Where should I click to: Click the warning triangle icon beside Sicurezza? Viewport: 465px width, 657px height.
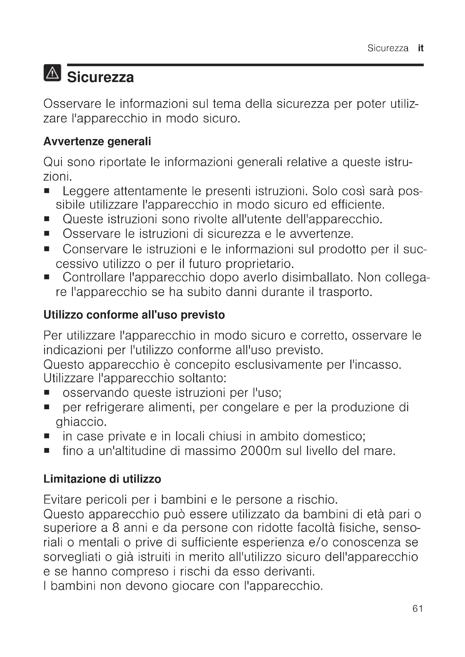pyautogui.click(x=52, y=73)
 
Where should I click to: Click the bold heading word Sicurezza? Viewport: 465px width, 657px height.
pyautogui.click(x=100, y=77)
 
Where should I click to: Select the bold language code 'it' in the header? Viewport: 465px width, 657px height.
pyautogui.click(x=420, y=48)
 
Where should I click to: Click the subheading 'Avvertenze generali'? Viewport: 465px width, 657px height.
pyautogui.click(x=97, y=141)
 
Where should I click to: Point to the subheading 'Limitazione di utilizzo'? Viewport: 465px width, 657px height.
pyautogui.click(x=102, y=479)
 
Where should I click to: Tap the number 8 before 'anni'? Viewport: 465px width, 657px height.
pyautogui.click(x=116, y=528)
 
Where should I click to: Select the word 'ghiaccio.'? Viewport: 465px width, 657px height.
pyautogui.click(x=81, y=422)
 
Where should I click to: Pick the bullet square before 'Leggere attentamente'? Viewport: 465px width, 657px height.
pyautogui.click(x=47, y=191)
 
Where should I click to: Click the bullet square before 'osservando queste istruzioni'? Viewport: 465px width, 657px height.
pyautogui.click(x=47, y=393)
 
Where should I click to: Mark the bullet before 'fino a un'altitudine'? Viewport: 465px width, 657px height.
pyautogui.click(x=47, y=451)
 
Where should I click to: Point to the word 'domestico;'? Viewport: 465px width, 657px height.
pyautogui.click(x=334, y=437)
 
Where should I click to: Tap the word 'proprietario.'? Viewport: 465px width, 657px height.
pyautogui.click(x=260, y=263)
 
